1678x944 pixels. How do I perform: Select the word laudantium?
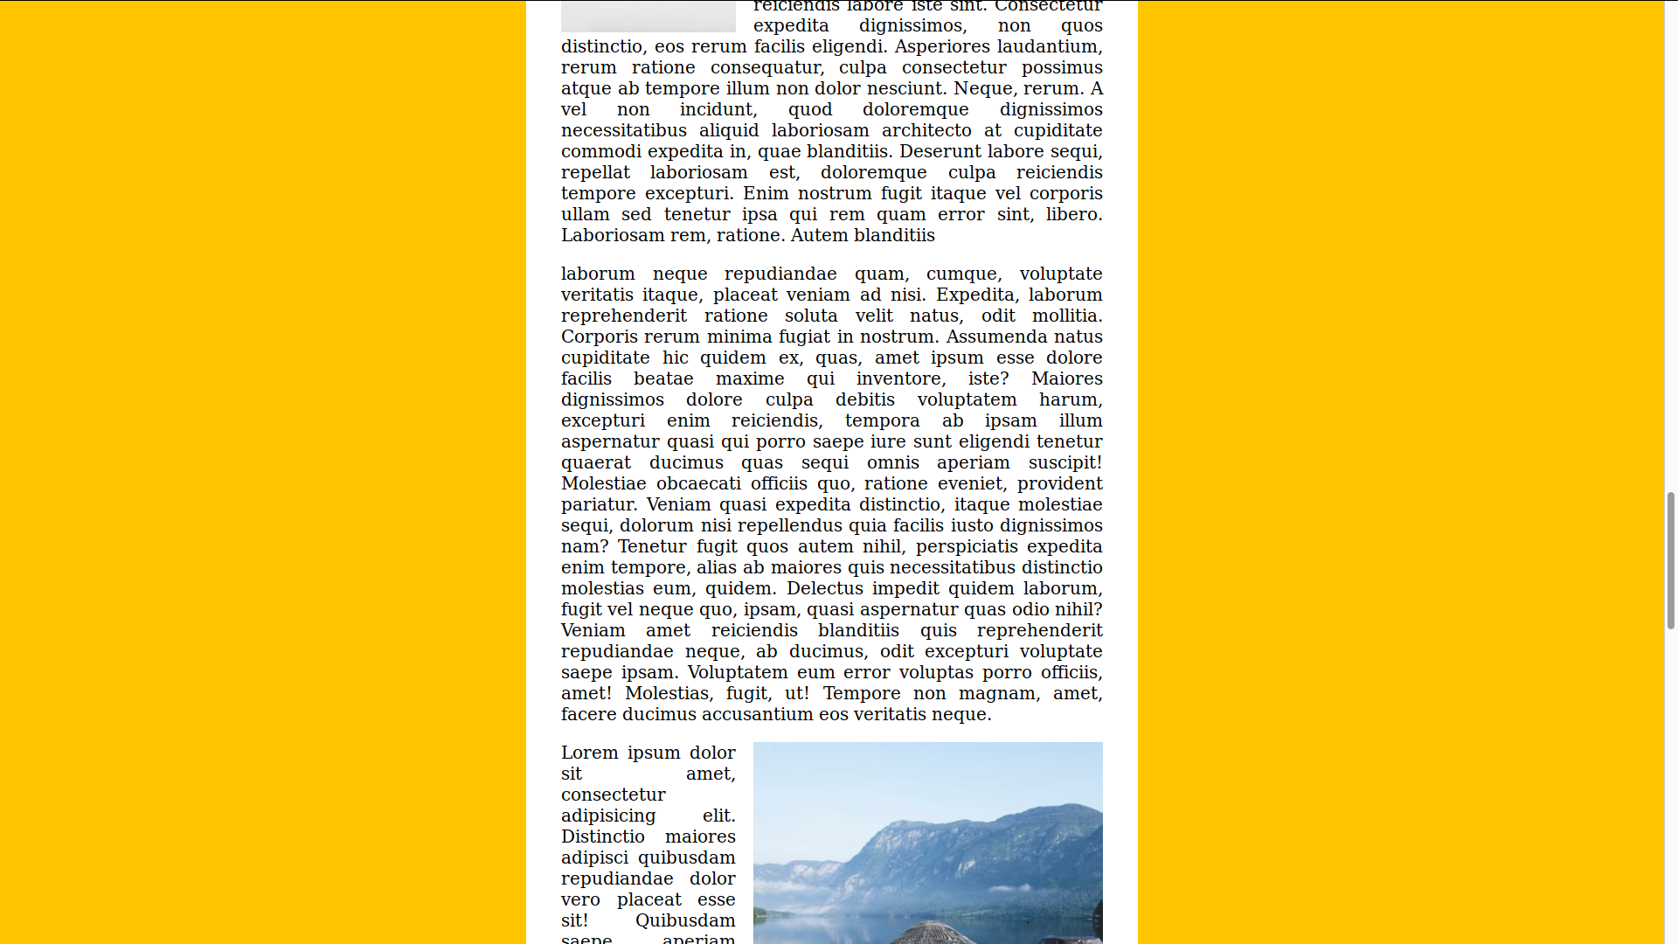tap(1052, 46)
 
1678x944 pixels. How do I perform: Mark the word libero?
tap(1074, 214)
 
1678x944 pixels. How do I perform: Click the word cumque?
tap(961, 274)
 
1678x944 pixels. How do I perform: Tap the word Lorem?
tap(590, 753)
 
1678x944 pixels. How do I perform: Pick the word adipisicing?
tap(608, 816)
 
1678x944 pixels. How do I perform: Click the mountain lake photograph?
tap(927, 843)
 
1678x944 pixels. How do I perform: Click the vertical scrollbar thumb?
tap(1670, 560)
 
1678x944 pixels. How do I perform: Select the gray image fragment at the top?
tap(648, 16)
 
